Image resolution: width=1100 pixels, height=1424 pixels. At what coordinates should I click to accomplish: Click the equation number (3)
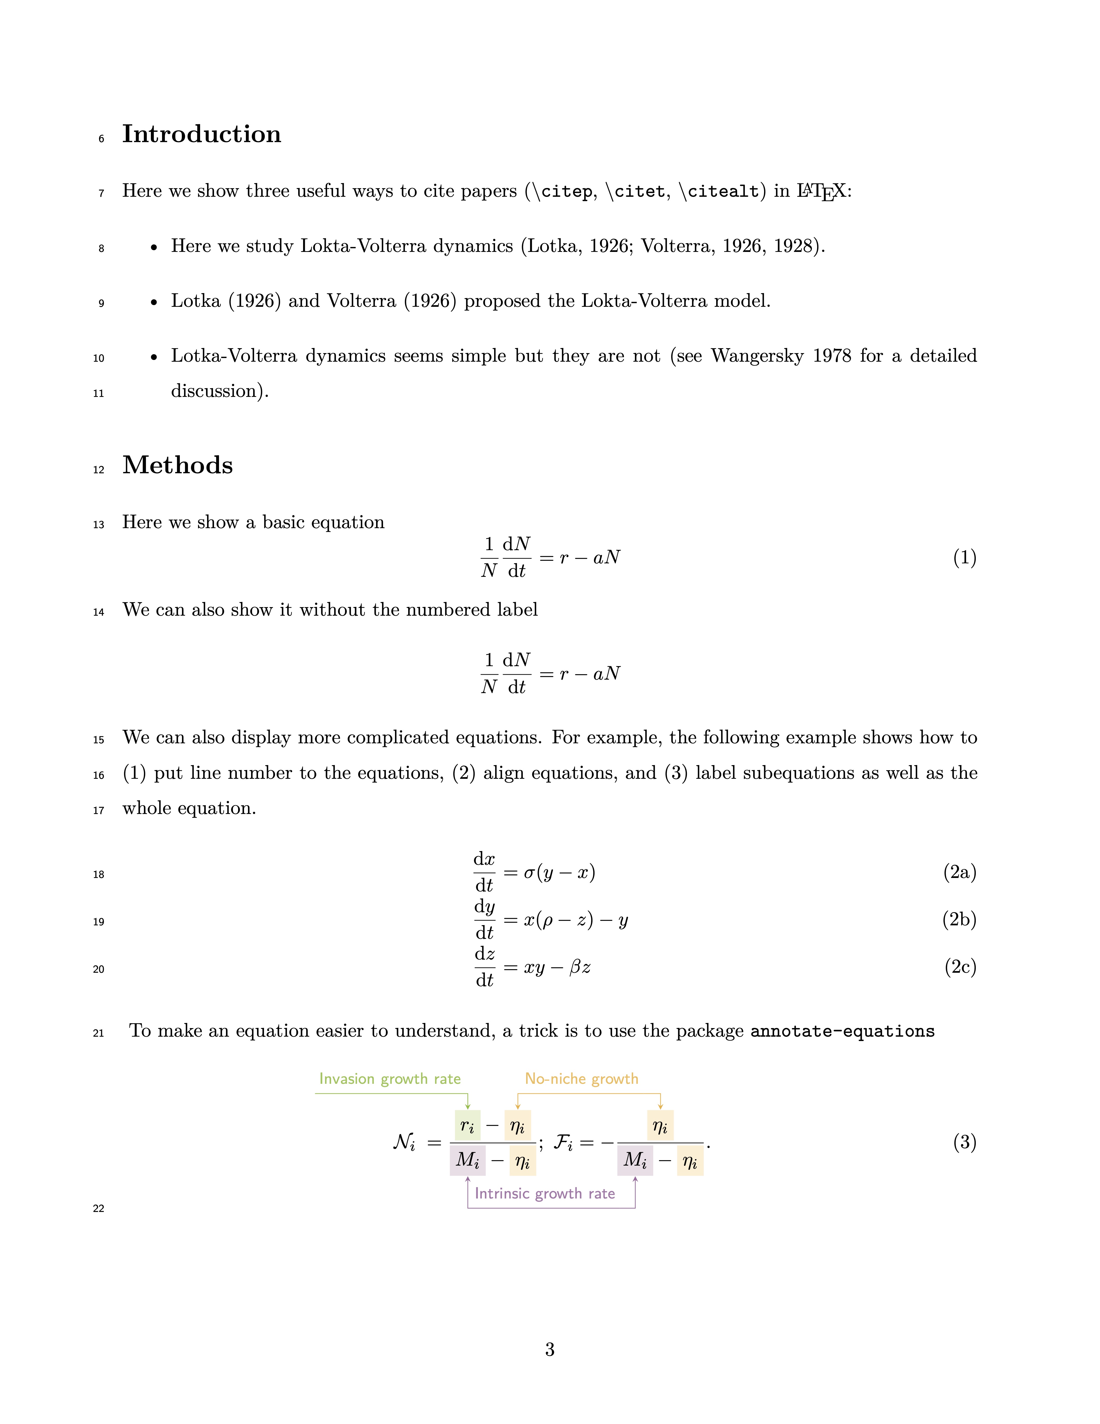point(964,1142)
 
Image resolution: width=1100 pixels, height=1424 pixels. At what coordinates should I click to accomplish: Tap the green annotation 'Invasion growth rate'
point(390,1079)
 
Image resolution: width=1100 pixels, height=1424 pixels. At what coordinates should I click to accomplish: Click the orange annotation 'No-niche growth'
point(581,1079)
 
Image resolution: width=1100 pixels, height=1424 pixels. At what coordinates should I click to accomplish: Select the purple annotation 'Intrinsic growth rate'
point(545,1194)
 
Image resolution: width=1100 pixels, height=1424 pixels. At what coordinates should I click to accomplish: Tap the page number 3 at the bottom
point(549,1350)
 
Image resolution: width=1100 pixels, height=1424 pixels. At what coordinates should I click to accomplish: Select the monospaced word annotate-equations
point(842,1031)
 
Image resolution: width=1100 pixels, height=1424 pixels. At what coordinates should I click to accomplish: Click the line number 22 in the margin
point(98,1209)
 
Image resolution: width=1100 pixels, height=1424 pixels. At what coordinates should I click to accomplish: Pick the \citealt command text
point(719,192)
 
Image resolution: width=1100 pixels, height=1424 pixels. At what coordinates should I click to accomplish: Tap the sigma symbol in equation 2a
point(530,873)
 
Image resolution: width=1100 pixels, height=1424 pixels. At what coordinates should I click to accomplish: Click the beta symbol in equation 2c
point(575,968)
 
